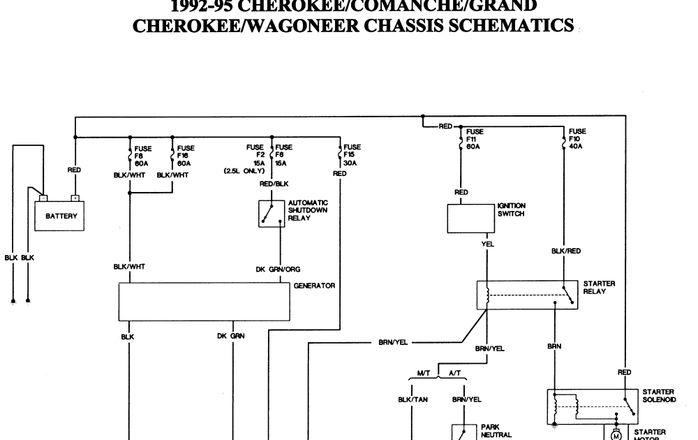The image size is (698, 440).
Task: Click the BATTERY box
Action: click(x=61, y=216)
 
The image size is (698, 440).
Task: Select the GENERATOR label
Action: click(x=315, y=286)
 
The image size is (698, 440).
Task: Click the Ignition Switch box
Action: click(x=470, y=219)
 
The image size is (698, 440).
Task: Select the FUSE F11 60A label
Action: click(x=474, y=139)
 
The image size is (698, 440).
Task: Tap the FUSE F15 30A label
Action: click(x=352, y=155)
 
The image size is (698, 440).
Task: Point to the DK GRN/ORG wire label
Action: click(x=279, y=269)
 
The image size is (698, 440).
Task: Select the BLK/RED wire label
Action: click(x=566, y=251)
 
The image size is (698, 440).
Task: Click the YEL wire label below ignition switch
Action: click(x=487, y=244)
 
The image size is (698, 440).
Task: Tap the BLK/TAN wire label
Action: click(x=413, y=399)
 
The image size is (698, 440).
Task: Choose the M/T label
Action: click(x=423, y=374)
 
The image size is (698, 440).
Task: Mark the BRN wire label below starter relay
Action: click(x=554, y=345)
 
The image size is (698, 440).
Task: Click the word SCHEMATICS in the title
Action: click(x=514, y=26)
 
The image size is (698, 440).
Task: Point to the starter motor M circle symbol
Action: click(x=616, y=435)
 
